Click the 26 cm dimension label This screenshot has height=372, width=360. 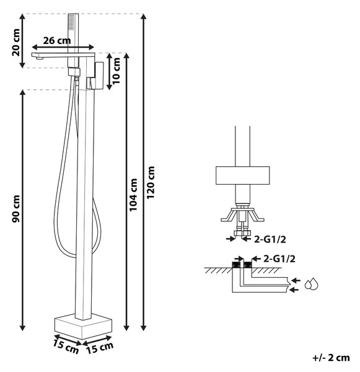pyautogui.click(x=57, y=40)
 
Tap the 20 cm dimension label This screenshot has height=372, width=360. pyautogui.click(x=16, y=42)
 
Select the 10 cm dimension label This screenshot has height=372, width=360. pyautogui.click(x=116, y=71)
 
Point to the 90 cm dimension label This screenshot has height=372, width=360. pyautogui.click(x=16, y=209)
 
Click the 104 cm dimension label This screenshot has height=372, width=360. pyautogui.click(x=133, y=195)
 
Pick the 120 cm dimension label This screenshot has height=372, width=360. pyautogui.click(x=151, y=182)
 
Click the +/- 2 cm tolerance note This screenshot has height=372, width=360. pyautogui.click(x=331, y=358)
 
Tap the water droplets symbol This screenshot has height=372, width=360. pyautogui.click(x=311, y=284)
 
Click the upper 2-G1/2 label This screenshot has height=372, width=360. pyautogui.click(x=270, y=239)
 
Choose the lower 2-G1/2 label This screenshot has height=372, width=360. pyautogui.click(x=279, y=259)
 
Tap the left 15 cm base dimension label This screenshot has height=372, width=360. pyautogui.click(x=66, y=347)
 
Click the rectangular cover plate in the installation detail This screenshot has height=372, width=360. pyautogui.click(x=242, y=175)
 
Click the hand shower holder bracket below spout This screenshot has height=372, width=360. pyautogui.click(x=74, y=72)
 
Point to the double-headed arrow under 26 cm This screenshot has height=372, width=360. pyautogui.click(x=63, y=47)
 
